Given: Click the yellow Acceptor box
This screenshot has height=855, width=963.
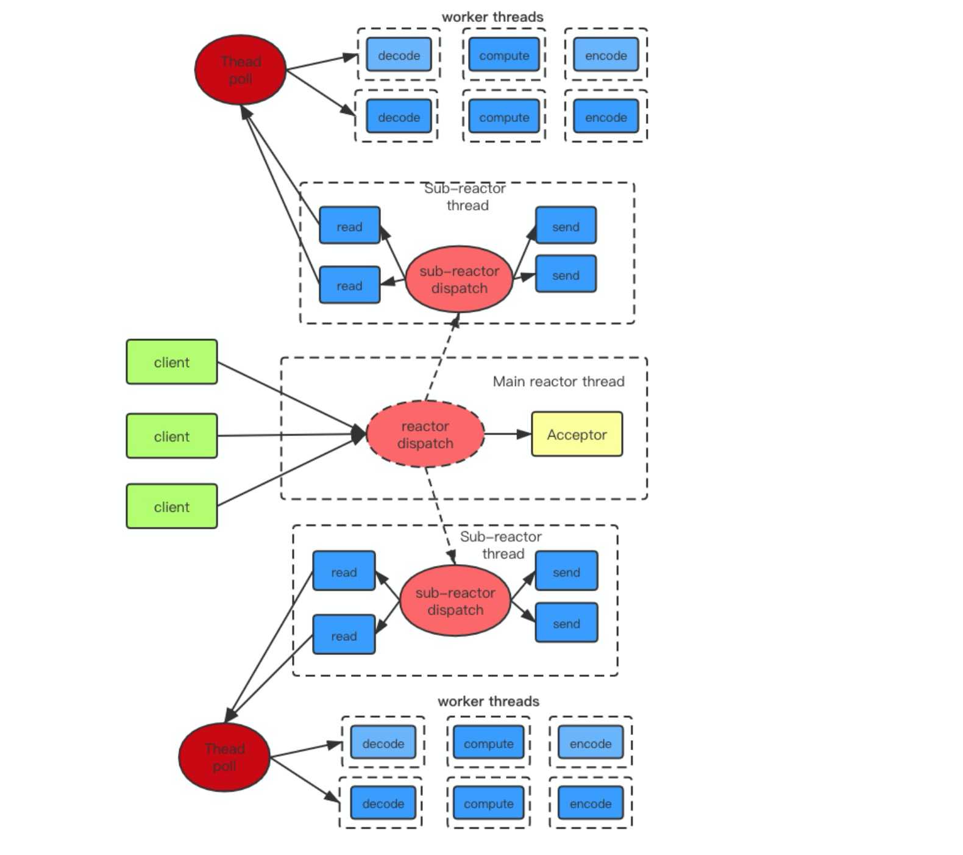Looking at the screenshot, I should point(577,434).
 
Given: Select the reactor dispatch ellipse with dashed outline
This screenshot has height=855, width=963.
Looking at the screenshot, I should point(425,434).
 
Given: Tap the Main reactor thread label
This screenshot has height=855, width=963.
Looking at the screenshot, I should point(558,382).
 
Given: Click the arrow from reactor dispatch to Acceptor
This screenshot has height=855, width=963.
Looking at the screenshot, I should point(507,434).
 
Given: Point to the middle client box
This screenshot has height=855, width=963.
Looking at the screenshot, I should point(171,436).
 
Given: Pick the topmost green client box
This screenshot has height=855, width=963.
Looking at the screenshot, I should point(171,362).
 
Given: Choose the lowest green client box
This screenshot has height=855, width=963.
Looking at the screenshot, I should point(171,506).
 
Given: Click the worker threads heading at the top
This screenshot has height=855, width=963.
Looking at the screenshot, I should point(492,17).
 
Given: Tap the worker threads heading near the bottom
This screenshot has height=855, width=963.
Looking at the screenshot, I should point(488,701).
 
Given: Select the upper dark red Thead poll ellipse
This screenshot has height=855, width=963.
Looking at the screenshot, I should point(240,70).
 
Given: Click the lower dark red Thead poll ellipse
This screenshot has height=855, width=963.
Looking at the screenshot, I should point(224,757).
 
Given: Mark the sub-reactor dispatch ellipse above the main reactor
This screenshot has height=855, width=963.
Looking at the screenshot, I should point(459,279).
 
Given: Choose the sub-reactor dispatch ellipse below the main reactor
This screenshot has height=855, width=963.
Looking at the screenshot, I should point(455,601).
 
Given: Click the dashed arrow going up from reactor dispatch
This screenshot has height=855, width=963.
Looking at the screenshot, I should point(442,357).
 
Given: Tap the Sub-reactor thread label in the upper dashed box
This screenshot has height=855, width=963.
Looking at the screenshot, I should point(466,196).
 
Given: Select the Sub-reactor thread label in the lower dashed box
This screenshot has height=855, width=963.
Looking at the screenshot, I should point(502,545).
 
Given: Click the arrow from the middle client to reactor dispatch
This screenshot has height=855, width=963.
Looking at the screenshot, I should point(286,435).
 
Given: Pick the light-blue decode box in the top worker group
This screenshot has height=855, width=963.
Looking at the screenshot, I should point(399,55).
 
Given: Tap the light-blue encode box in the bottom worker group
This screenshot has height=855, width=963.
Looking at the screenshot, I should point(590,743).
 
